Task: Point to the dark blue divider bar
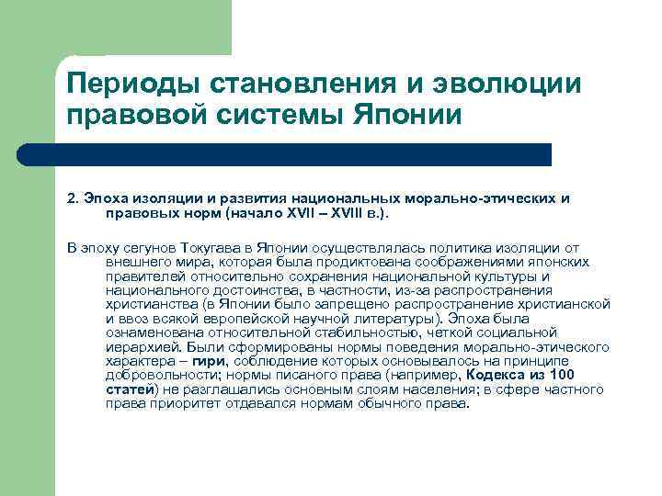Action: click(303, 154)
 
